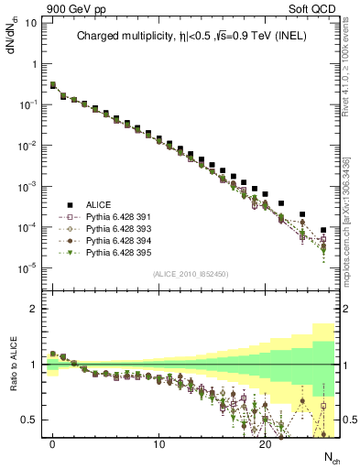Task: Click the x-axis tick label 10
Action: click(159, 444)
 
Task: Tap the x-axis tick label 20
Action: click(266, 444)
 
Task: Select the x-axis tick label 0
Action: click(53, 444)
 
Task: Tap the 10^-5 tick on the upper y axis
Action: click(27, 267)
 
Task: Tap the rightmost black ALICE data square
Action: click(323, 230)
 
